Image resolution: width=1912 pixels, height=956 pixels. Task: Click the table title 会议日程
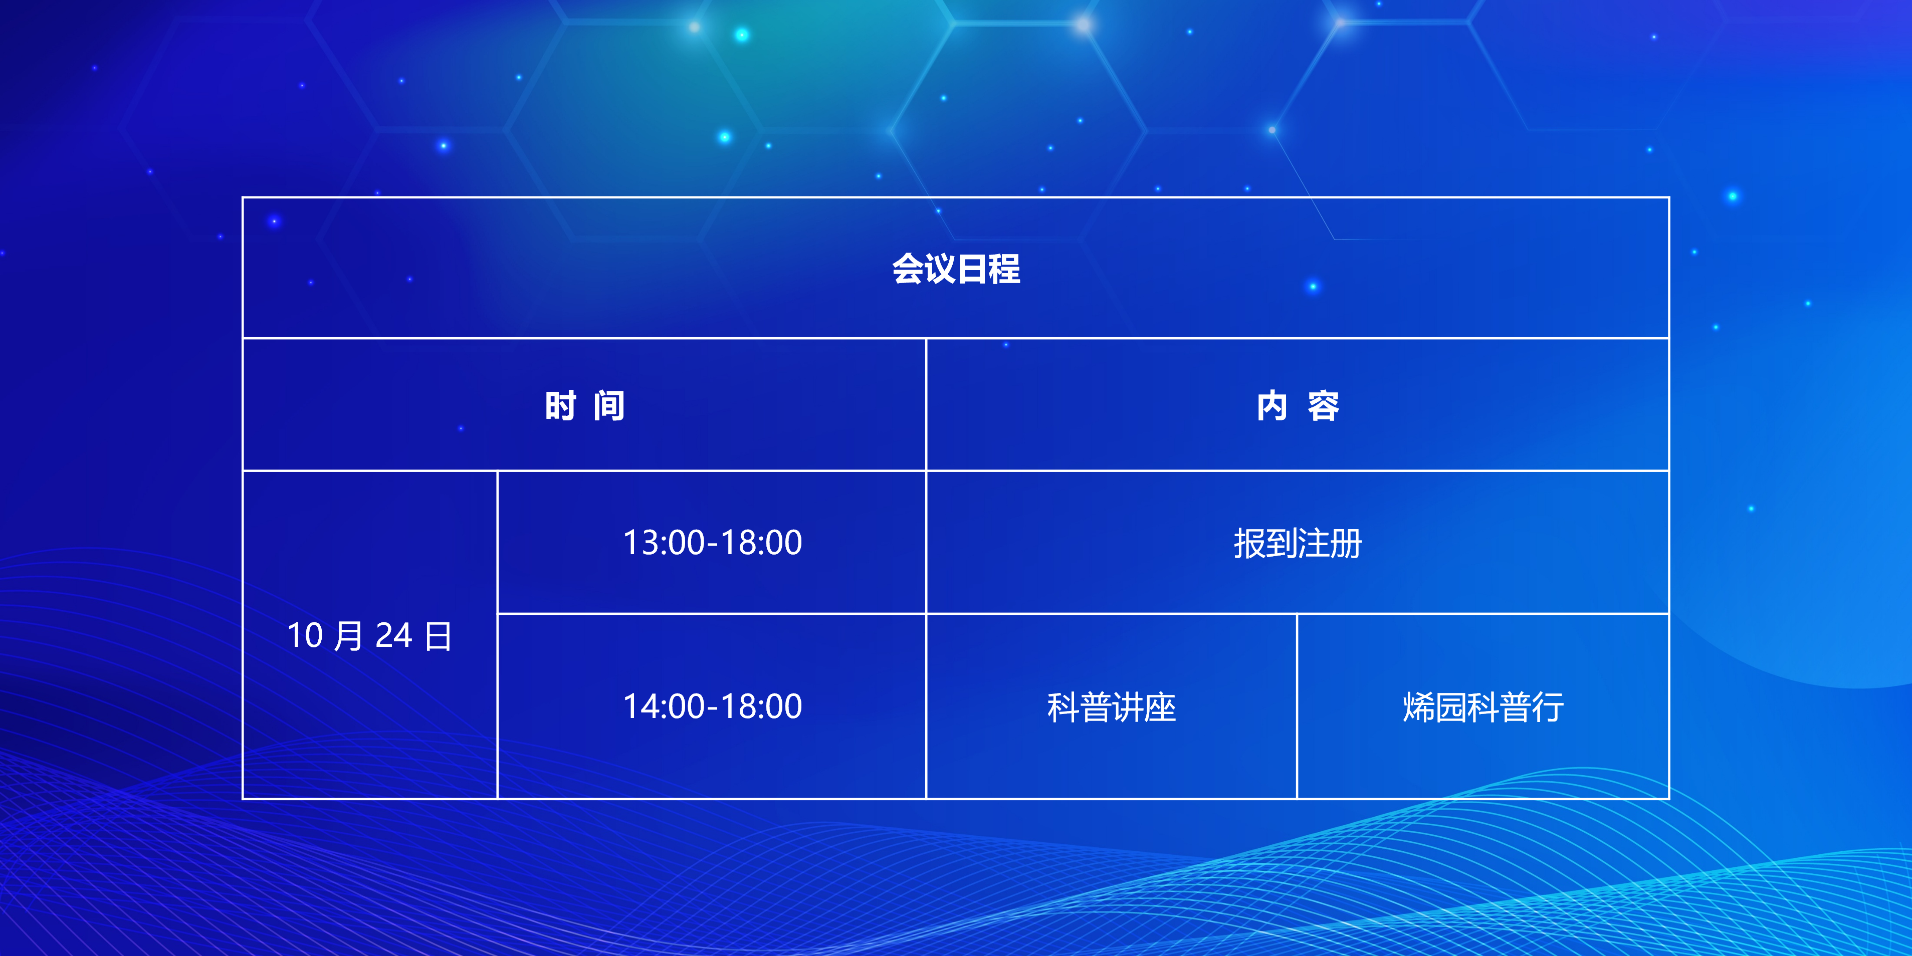tap(956, 269)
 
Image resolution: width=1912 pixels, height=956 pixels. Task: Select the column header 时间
tap(585, 406)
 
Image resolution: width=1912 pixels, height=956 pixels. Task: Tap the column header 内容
tap(1298, 406)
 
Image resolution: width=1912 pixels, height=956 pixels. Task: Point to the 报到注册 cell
tap(1298, 543)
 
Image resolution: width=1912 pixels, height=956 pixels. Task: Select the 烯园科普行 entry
tap(1483, 706)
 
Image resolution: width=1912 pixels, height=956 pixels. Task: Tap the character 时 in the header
tap(560, 406)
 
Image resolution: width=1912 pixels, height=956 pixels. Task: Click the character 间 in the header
tap(609, 406)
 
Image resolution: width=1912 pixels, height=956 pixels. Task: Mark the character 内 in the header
tap(1272, 406)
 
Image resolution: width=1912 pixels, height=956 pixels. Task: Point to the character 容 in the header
tap(1324, 406)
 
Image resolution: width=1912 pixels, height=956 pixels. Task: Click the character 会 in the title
tap(908, 269)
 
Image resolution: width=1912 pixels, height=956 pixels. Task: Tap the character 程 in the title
tap(1005, 269)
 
